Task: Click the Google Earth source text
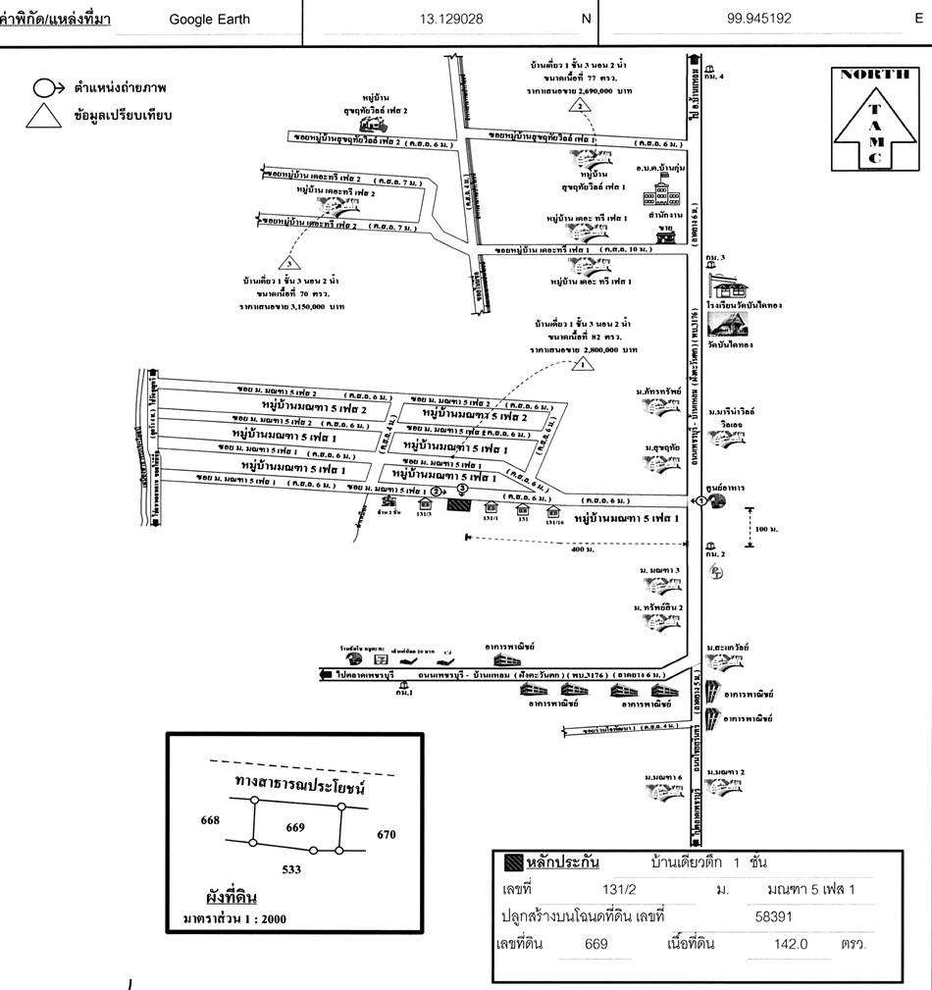[209, 19]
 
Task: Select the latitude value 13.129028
[449, 19]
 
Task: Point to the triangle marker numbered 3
[287, 262]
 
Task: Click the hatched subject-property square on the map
[457, 506]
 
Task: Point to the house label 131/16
[554, 522]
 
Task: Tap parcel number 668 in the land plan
[209, 820]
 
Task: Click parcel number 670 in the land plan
[386, 835]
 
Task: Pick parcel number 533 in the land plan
[291, 869]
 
